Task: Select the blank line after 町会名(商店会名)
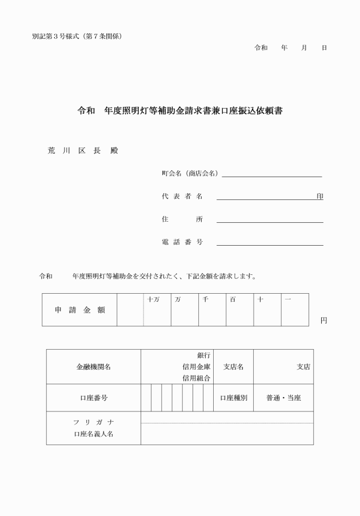[271, 174]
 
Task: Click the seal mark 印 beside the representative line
[320, 196]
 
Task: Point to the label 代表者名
[182, 197]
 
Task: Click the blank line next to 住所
[270, 219]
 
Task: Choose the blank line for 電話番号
[270, 242]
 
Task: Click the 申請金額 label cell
[79, 310]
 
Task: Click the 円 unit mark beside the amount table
[323, 321]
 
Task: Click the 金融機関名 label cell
[93, 367]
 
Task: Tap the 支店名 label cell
[233, 367]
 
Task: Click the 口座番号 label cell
[93, 398]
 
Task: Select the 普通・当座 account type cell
[283, 398]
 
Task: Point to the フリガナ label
[93, 422]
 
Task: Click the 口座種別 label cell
[233, 398]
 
